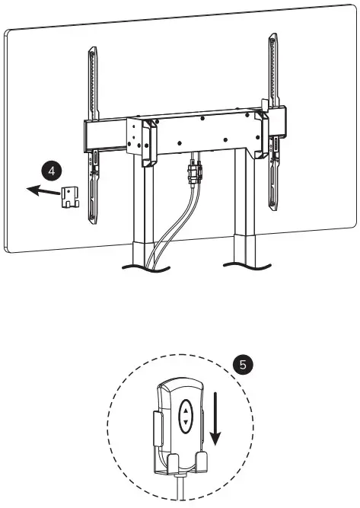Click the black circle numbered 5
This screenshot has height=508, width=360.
tap(243, 366)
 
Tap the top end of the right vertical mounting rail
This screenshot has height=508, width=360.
tap(272, 38)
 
